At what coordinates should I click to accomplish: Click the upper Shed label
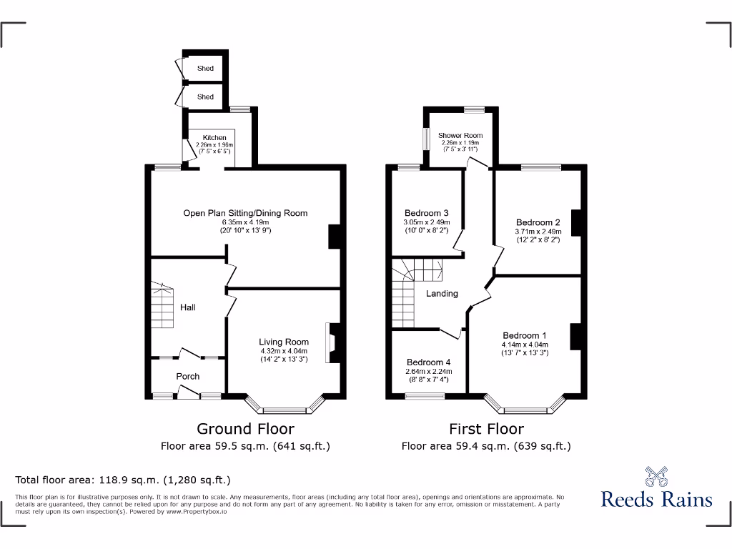[205, 69]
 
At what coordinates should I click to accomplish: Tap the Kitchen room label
[214, 137]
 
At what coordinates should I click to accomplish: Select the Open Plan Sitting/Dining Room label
[245, 213]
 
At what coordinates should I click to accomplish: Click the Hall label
[188, 307]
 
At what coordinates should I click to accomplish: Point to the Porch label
[188, 376]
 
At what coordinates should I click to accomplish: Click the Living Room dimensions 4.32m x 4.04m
[284, 351]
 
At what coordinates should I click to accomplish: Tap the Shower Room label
[460, 135]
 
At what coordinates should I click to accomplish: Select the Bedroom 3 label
[426, 213]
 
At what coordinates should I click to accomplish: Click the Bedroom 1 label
[525, 335]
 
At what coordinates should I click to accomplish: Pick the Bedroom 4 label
[427, 362]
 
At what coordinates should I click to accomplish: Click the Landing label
[442, 293]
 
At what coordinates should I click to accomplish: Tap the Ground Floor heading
[245, 429]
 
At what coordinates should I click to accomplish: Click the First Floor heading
[486, 429]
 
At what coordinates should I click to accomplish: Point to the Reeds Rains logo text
[656, 499]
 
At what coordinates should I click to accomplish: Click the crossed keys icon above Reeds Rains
[656, 475]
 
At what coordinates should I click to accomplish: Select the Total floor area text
[123, 480]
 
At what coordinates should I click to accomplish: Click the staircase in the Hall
[162, 305]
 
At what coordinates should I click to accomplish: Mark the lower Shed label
[205, 97]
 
